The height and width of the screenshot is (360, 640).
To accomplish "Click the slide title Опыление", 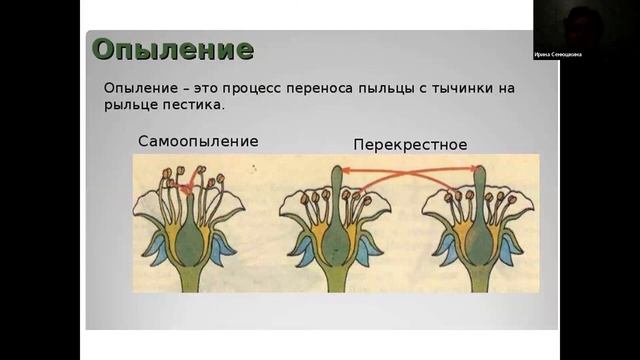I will coord(172,49).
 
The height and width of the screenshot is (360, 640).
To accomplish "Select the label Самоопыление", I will coord(198,141).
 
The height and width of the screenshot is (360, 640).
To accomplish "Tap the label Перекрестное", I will coord(410,145).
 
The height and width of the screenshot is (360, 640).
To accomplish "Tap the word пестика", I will coord(194,105).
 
